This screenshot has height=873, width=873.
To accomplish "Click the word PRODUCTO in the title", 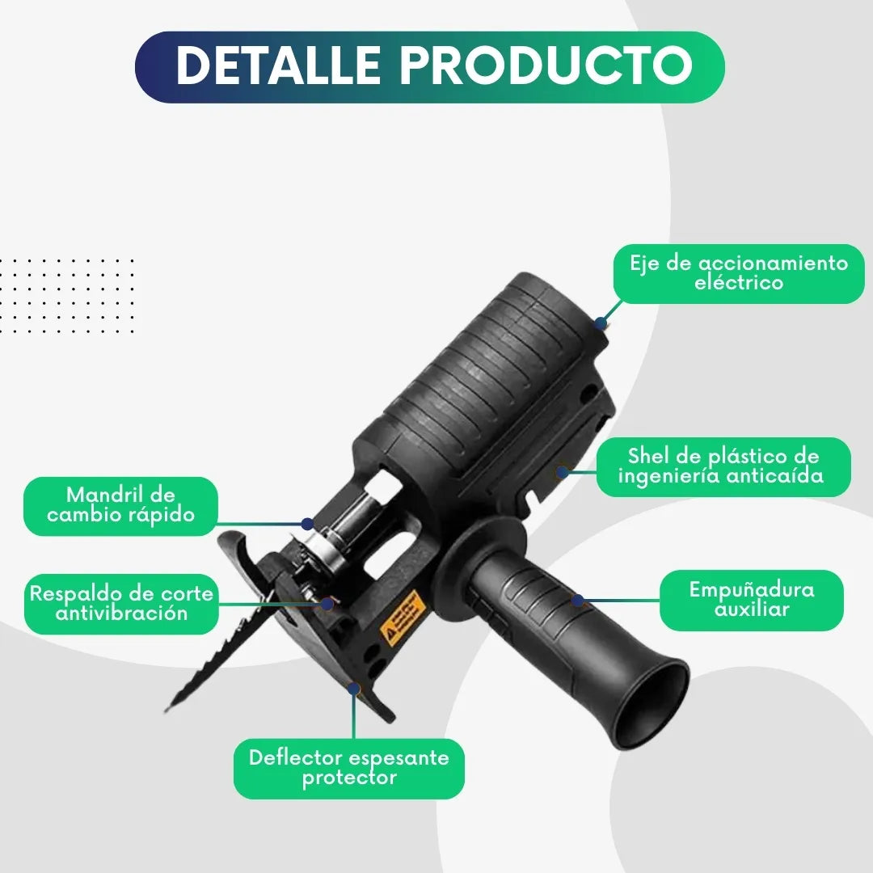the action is pos(546,65).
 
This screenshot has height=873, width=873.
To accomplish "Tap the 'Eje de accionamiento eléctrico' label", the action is pos(739,273).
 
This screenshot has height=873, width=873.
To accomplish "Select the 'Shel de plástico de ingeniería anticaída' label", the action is pos(723,466).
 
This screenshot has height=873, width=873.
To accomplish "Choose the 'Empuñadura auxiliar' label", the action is pos(752,600).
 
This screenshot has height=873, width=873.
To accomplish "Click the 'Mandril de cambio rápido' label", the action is pos(120,505).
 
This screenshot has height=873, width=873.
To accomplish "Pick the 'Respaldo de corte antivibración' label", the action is pos(121,604).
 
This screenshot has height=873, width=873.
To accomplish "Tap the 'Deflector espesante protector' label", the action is pos(349,769).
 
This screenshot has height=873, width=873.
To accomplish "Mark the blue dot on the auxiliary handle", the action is pos(578,600).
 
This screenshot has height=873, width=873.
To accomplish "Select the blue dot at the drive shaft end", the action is pos(600,323).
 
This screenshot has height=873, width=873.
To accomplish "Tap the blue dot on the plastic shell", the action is pos(563,472).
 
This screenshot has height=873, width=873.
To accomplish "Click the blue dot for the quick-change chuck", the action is pos(307,523).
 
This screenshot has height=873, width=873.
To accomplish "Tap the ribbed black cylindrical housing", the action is pos(490,368).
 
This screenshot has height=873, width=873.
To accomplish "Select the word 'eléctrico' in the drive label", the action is pos(739,283).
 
